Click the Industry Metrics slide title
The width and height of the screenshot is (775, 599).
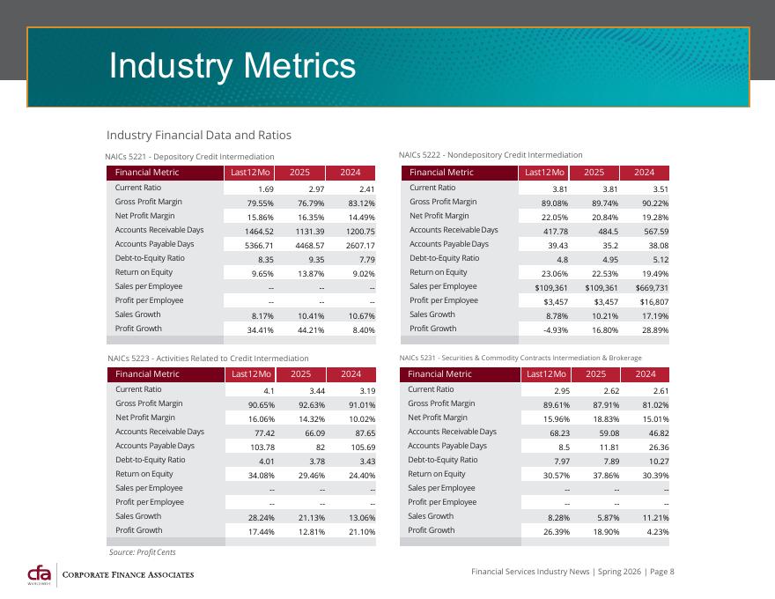232,66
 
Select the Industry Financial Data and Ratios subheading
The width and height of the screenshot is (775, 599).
199,135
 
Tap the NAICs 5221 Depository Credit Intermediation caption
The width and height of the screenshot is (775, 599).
190,157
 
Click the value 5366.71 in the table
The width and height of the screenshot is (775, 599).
259,246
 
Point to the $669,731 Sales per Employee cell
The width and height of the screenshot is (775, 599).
652,288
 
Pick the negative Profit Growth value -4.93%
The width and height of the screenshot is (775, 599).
556,330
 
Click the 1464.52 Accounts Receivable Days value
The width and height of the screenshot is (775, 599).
259,232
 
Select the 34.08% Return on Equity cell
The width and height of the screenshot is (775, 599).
261,476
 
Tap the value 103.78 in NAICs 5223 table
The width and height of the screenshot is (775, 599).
262,447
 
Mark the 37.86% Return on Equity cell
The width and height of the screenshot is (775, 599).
606,476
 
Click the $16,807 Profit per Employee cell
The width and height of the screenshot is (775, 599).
654,302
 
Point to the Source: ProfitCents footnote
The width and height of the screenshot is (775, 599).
143,552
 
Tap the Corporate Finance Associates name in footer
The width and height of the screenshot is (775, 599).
128,575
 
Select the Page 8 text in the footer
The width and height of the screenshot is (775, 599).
661,572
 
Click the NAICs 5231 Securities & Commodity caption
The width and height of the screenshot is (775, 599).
520,358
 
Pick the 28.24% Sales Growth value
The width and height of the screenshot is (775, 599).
261,518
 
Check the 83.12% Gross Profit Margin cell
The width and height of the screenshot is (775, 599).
362,203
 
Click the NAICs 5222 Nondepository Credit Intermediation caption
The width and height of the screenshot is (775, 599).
491,155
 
